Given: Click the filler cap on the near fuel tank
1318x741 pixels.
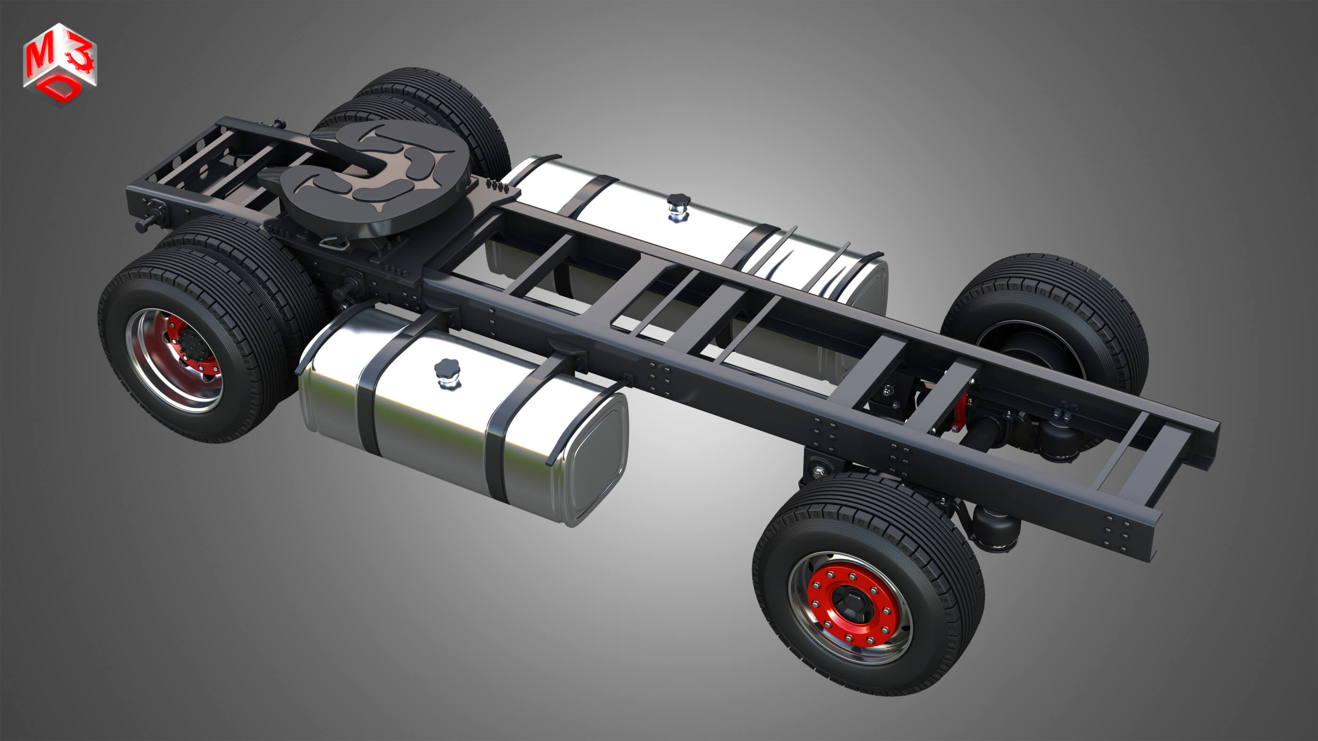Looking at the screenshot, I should click(x=447, y=372).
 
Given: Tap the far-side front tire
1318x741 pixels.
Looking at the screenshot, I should click(x=1054, y=307).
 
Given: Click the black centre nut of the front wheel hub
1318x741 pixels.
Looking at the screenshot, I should click(x=852, y=606).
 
